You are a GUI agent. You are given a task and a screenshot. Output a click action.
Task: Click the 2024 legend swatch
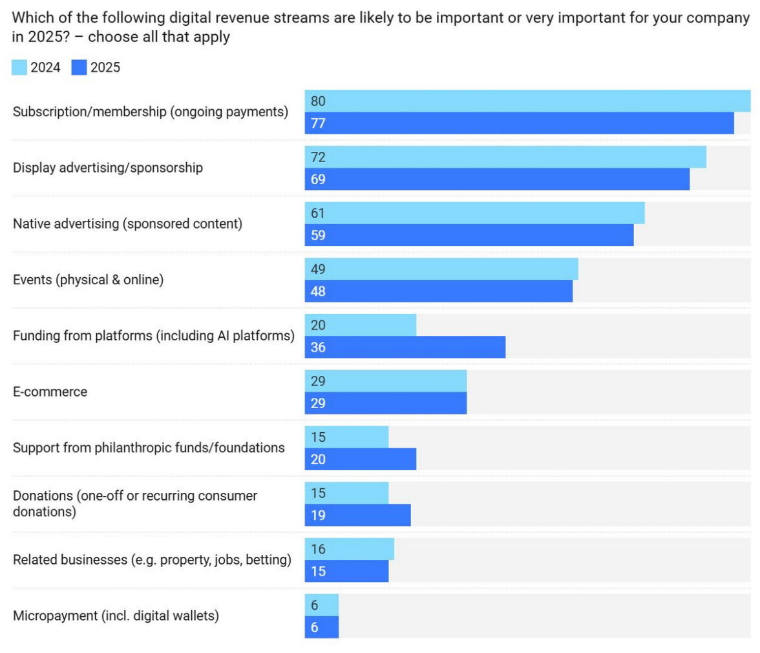[x=19, y=67]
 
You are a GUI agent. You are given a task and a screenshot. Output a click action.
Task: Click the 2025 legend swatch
[x=79, y=67]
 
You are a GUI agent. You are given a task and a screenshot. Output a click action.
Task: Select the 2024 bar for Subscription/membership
[x=527, y=101]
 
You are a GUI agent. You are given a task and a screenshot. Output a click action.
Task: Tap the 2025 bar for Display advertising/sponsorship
[x=497, y=180]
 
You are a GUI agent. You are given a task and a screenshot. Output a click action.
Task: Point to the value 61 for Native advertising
[x=317, y=213]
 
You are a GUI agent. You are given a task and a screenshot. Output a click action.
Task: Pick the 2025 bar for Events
[x=439, y=291]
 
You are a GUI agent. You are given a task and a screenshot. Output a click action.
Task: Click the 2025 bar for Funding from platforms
[x=405, y=347]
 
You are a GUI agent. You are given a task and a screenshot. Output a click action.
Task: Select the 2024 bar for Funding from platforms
[x=361, y=326]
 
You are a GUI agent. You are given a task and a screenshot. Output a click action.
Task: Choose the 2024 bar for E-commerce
[x=386, y=381]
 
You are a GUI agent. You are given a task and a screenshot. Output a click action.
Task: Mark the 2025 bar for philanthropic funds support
[x=361, y=459]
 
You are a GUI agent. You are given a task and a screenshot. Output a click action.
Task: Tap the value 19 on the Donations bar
[x=317, y=515]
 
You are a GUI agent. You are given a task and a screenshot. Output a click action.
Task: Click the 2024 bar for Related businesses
[x=350, y=550]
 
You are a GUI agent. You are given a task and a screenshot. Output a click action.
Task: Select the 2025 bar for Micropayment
[x=322, y=627]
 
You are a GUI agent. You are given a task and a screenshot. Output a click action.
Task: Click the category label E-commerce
[x=50, y=392]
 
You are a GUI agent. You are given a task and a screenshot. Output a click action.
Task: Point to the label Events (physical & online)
[x=88, y=280]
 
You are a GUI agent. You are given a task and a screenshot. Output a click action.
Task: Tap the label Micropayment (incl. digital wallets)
[x=116, y=616]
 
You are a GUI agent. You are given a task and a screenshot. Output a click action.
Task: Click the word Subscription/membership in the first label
[x=90, y=112]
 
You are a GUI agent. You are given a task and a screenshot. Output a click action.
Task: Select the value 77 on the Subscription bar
[x=317, y=123]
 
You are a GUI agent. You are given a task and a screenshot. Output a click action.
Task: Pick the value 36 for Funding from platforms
[x=317, y=347]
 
